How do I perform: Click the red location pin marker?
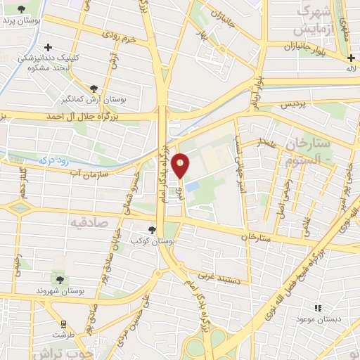pos(181,165)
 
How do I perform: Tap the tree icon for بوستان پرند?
pos(24,9)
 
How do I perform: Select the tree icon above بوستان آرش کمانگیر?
pos(94,89)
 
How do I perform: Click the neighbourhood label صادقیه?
pos(86,222)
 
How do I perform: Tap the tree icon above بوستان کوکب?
pos(152,230)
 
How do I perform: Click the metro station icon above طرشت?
pos(64,324)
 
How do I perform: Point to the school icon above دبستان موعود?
pos(318,308)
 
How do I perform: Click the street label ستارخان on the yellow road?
pos(255,238)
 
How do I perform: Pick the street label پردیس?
pos(295,104)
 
